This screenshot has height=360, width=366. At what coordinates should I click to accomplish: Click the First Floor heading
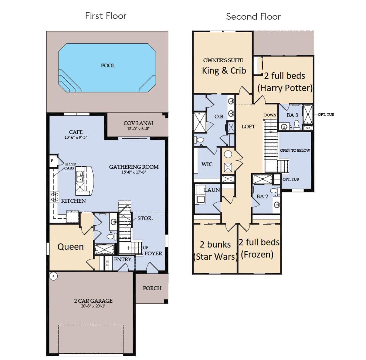click(105, 16)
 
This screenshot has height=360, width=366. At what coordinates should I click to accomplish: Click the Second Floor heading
click(253, 17)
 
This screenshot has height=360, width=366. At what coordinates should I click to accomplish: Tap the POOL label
click(108, 65)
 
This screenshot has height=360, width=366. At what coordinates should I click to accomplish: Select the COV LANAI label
click(138, 123)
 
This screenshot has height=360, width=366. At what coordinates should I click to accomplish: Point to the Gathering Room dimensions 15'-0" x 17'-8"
click(134, 172)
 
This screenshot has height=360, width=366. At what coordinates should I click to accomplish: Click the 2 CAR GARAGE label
click(94, 301)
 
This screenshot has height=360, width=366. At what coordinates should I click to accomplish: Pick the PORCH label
click(152, 288)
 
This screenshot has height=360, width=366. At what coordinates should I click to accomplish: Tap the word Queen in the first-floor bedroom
click(71, 247)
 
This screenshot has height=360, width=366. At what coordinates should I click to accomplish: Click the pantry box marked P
click(52, 161)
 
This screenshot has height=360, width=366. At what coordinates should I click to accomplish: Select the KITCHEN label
click(73, 201)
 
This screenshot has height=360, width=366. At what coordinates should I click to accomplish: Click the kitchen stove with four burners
click(55, 197)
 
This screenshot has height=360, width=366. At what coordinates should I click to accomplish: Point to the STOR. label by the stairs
click(145, 218)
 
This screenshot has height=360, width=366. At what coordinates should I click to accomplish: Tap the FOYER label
click(153, 253)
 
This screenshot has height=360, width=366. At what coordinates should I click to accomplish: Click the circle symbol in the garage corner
click(54, 276)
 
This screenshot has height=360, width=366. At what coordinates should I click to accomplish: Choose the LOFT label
click(248, 127)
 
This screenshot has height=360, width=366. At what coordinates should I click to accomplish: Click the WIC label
click(207, 164)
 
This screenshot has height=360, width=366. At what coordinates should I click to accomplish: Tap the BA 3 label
click(292, 115)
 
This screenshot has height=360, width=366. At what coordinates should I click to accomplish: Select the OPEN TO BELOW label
click(295, 151)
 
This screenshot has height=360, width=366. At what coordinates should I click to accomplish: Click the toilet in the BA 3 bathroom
click(296, 125)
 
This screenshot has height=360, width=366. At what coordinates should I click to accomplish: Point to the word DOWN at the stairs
click(270, 115)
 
